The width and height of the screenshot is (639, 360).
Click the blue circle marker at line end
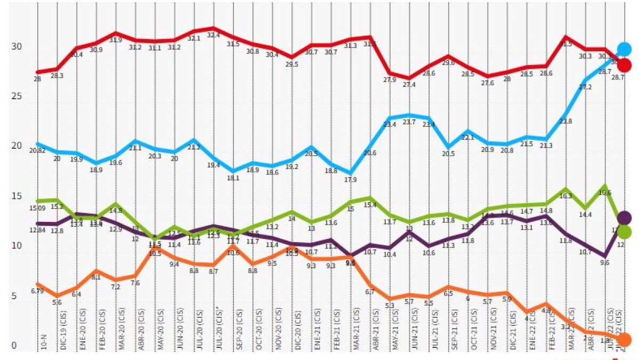624,50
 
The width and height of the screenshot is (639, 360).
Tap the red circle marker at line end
624,66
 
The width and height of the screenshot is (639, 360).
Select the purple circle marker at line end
624,218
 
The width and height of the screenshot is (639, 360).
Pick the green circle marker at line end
624,231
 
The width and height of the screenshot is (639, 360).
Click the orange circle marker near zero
624,339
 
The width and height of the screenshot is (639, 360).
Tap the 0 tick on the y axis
14,346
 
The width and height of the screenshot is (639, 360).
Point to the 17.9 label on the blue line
350,179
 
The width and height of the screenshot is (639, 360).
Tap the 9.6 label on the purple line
605,263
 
